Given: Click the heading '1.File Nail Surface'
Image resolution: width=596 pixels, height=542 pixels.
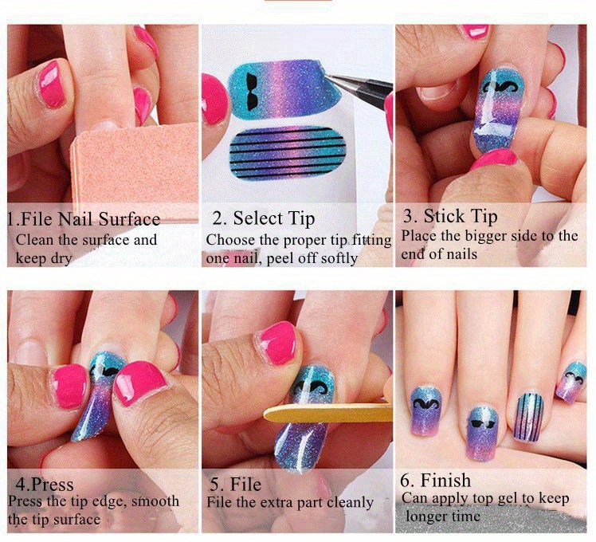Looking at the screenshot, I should tap(84, 219).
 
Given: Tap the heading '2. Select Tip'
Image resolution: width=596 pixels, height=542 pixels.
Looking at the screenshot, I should tap(263, 218).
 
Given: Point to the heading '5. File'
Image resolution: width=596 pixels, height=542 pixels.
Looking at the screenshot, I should tap(235, 484).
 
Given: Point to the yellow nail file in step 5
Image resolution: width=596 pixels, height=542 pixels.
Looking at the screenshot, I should tap(327, 412).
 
